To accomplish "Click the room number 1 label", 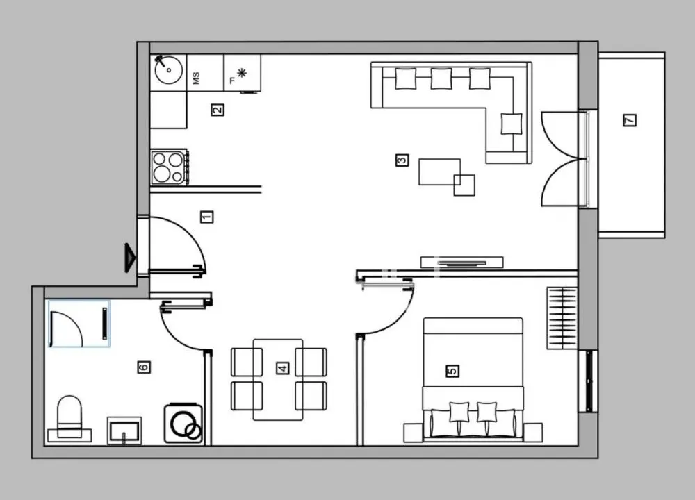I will [206, 217].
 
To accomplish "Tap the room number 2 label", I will [218, 109].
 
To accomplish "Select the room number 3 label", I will [401, 160].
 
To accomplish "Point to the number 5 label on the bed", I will [452, 371].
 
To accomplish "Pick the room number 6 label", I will [144, 367].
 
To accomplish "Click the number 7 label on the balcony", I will [630, 120].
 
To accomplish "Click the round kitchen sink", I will [168, 71].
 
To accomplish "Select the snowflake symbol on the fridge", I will [242, 73].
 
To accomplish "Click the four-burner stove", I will [169, 167].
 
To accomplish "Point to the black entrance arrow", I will [130, 258].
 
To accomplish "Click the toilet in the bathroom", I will [69, 419].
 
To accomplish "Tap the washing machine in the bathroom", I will [183, 424].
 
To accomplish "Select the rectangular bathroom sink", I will [124, 429].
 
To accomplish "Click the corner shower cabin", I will [78, 324].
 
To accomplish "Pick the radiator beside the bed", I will [562, 317].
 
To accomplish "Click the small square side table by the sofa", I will [464, 185].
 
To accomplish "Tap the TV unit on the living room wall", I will [461, 262].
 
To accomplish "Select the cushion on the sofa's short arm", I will [512, 123].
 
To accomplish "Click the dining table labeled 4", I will [278, 379].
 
